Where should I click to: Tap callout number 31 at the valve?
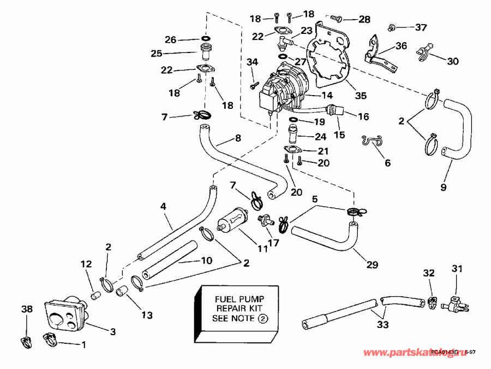pos(456,268)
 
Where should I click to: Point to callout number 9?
pos(443,188)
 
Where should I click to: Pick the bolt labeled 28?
pos(337,19)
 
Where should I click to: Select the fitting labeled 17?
pos(265,221)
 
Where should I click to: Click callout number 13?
pos(147,315)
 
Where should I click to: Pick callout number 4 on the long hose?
pos(163,206)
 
